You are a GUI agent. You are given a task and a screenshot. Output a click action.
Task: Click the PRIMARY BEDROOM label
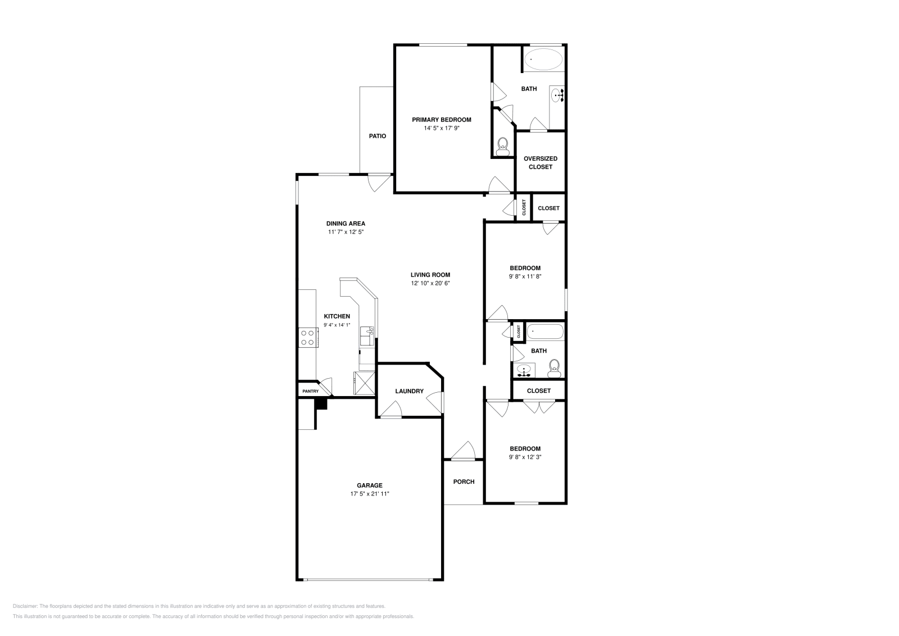coord(441,120)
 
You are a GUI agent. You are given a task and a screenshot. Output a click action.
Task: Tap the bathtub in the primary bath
coord(543,59)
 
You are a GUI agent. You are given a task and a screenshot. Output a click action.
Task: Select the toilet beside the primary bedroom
coord(503,147)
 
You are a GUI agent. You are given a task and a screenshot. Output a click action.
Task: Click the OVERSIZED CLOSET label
coord(540,162)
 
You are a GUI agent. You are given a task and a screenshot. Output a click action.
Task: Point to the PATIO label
coord(377,136)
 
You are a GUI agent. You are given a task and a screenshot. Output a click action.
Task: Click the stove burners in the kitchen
coord(307,337)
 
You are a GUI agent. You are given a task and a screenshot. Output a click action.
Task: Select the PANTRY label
coord(310,391)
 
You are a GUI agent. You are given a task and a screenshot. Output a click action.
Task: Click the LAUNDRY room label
coord(409,391)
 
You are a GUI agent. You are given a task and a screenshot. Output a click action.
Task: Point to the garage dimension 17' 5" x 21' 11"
coord(370,494)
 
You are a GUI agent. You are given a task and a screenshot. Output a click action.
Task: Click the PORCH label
coord(464,481)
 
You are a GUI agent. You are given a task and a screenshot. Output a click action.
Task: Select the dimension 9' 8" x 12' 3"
coord(525,457)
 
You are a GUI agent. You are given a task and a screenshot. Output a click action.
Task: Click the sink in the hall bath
coord(524,370)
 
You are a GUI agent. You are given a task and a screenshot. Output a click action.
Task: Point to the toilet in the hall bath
coord(555,368)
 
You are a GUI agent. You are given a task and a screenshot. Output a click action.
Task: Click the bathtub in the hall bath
coord(545,331)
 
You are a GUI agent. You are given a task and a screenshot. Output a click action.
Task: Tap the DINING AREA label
coord(346,223)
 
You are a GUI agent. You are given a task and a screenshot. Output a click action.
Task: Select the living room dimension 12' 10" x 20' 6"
coord(430,283)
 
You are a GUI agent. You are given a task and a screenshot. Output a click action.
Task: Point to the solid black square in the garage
coord(321,403)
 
